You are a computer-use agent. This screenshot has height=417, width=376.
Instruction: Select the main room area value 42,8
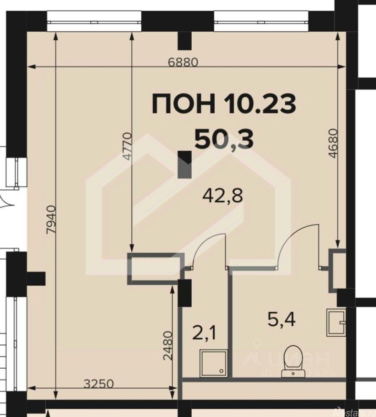(x=223, y=196)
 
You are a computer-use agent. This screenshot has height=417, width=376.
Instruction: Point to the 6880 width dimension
(x=183, y=62)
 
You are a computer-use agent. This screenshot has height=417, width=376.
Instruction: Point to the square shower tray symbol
(x=213, y=364)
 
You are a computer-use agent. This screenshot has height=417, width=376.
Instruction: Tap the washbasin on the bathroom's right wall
(x=337, y=322)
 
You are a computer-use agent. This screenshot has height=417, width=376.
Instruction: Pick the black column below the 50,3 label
(x=185, y=164)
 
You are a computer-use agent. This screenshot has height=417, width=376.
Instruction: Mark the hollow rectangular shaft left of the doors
(x=154, y=269)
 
